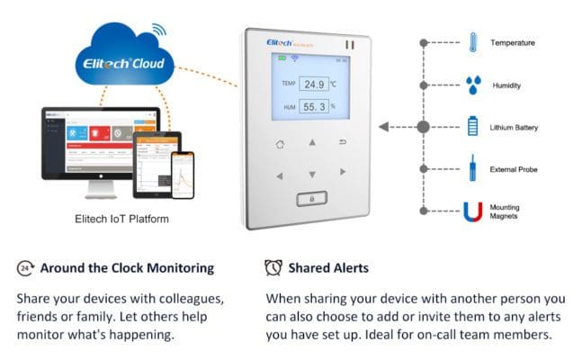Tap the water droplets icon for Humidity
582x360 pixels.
473,85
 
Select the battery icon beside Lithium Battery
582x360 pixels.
473,127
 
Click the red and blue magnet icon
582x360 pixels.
473,211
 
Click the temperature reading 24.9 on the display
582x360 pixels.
313,85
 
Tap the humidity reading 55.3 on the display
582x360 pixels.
313,107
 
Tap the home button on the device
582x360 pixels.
280,144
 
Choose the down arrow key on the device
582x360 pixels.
312,174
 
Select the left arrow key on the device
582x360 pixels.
280,174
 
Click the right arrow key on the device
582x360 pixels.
343,172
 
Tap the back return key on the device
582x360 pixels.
343,143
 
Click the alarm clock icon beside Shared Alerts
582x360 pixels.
273,267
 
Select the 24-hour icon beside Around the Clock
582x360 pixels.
26,267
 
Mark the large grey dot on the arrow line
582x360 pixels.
424,127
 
